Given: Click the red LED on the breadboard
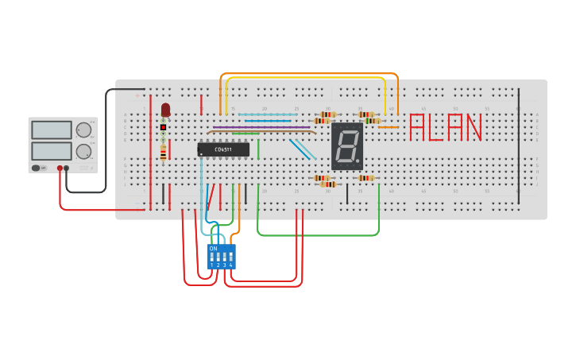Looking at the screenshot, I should point(165,110).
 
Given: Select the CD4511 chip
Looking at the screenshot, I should point(223,149).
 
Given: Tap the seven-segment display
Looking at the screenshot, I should point(346,146).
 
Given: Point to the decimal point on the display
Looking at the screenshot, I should point(358,162).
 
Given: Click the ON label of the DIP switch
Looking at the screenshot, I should point(213,249).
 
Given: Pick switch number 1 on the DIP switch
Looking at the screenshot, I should point(212,258).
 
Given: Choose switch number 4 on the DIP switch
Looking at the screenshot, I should point(231,258).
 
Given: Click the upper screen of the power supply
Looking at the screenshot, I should point(52,130).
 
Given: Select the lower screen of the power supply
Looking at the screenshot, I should point(52,150).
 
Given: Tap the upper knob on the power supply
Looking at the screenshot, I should point(83,130).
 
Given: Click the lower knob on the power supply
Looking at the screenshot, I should point(83,151).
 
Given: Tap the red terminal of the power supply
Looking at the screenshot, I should point(60,168).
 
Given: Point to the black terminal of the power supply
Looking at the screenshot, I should point(67,168).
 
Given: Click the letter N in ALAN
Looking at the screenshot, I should point(473,128).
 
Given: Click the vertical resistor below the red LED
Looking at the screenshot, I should point(164,151).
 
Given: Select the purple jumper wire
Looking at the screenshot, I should point(261,128).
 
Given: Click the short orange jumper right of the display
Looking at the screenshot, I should point(388,127).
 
